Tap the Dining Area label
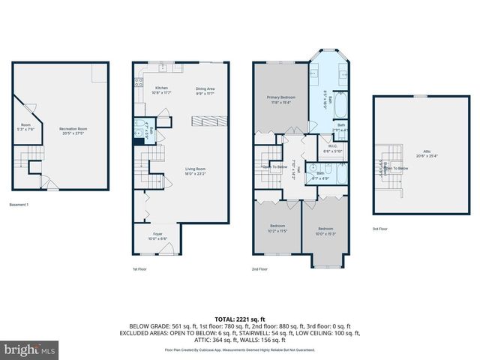[205, 90]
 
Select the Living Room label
[196, 172]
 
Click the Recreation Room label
[74, 131]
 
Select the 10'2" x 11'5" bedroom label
[279, 228]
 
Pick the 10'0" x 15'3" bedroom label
[325, 230]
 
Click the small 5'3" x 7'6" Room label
[25, 126]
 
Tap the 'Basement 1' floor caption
[19, 205]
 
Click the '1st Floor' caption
[140, 268]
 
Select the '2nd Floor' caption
[260, 268]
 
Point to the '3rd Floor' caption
[380, 229]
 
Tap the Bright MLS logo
[30, 350]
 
